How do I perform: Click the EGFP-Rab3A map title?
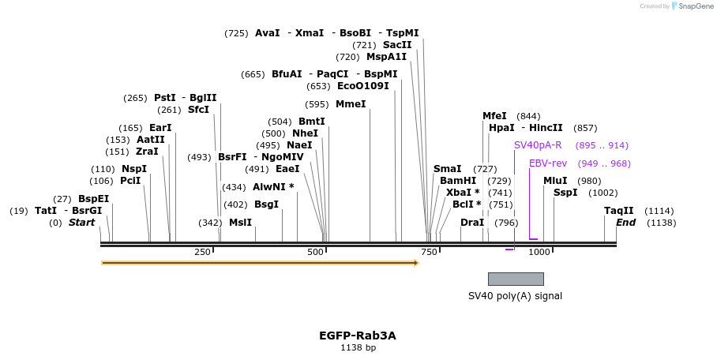pos(357,336)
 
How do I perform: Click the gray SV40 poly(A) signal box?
pos(515,279)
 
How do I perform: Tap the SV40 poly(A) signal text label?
pos(515,296)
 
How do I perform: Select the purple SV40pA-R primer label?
pos(538,145)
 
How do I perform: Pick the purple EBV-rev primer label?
pos(548,163)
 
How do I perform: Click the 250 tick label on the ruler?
pos(202,252)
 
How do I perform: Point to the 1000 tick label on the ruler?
pos(539,252)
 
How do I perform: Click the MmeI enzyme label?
pos(351,104)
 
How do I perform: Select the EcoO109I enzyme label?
pos(362,86)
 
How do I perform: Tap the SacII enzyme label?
pos(397,45)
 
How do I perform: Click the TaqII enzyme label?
pos(618,211)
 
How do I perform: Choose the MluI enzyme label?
pos(555,181)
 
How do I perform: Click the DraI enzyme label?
pos(472,223)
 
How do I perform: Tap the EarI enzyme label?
pos(160,128)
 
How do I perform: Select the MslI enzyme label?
pos(240,223)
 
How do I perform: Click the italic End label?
pos(625,223)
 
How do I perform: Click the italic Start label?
pos(81,223)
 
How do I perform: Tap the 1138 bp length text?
pos(358,347)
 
